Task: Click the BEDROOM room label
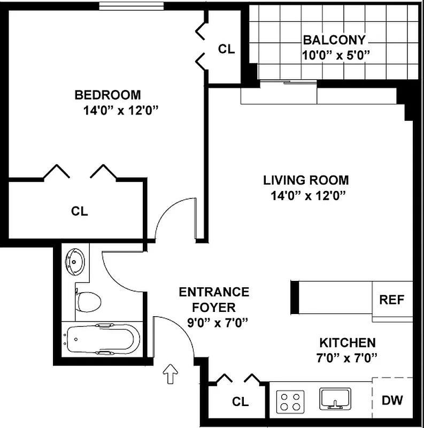(x=107, y=95)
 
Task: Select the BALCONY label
(x=334, y=40)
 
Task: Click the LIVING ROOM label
(x=306, y=180)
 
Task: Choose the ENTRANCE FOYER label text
(x=214, y=300)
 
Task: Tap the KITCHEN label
(x=348, y=342)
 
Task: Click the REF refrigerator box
(x=392, y=300)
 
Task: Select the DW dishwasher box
(x=392, y=400)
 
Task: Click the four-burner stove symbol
(x=290, y=400)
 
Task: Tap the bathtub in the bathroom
(x=102, y=339)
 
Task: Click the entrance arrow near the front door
(x=171, y=373)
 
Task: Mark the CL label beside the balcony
(x=226, y=49)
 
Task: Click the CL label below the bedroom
(x=79, y=211)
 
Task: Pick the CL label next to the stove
(x=240, y=401)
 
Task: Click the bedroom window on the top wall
(x=132, y=6)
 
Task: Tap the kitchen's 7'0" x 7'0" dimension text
(x=348, y=357)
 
